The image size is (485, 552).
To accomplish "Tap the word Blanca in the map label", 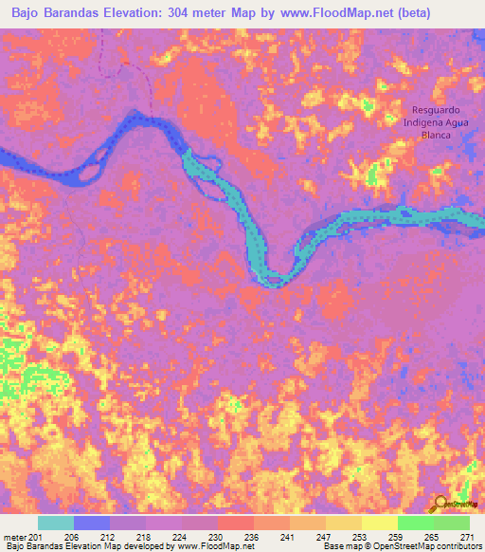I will pyautogui.click(x=438, y=135).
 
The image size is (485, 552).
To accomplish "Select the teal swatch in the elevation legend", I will pyautogui.click(x=56, y=523).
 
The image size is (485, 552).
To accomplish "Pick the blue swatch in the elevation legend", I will pyautogui.click(x=92, y=523).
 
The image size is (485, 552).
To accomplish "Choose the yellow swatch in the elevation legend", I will pyautogui.click(x=380, y=523).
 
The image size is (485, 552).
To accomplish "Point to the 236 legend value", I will pyautogui.click(x=251, y=535).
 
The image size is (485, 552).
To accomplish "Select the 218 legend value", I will pyautogui.click(x=145, y=535).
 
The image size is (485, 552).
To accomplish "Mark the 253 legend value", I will pyautogui.click(x=357, y=535).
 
